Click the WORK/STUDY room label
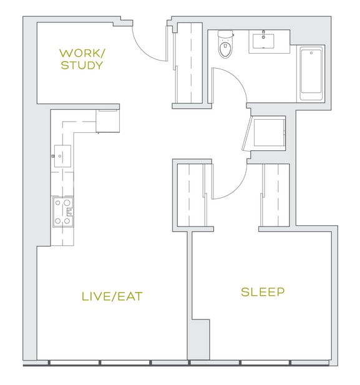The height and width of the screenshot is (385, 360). tap(82, 59)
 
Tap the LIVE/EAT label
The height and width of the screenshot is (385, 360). tap(112, 296)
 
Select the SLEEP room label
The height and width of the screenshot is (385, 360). tap(263, 291)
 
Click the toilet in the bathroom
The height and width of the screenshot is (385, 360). tap(225, 44)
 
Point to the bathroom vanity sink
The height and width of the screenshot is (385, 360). tap(263, 41)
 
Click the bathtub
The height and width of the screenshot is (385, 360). tap(311, 74)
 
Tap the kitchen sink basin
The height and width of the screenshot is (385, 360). tap(62, 156)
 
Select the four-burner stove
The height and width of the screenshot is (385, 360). tap(63, 212)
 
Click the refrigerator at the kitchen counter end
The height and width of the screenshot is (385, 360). tap(108, 121)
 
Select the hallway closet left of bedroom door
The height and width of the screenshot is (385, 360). tap(192, 195)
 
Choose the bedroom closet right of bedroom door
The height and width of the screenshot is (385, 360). tap(275, 195)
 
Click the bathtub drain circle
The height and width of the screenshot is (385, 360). tap(311, 53)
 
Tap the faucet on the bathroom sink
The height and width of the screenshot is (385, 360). tap(263, 34)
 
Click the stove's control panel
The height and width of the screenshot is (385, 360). tap(70, 212)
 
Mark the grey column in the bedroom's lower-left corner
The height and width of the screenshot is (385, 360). tap(200, 339)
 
